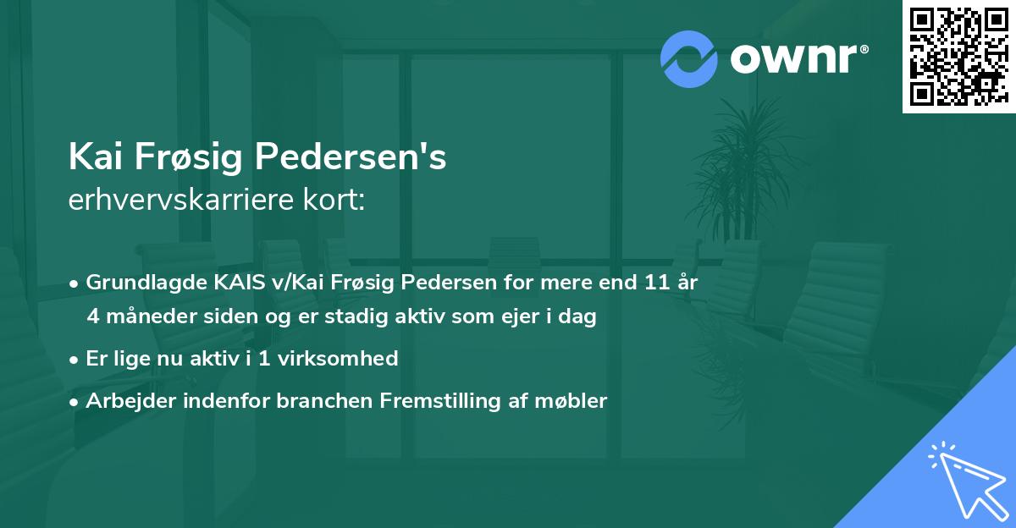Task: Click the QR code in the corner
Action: click(x=959, y=56)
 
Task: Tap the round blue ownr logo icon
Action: click(x=688, y=58)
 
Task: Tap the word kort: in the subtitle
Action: click(x=334, y=201)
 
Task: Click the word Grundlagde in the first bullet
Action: click(x=136, y=283)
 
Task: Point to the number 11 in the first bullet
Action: click(x=650, y=283)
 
